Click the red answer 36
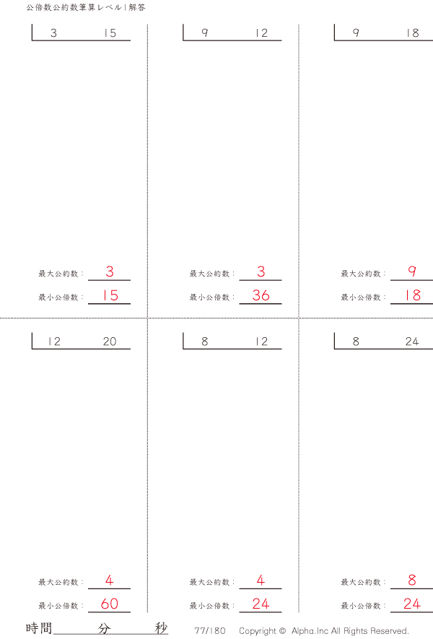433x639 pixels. [261, 295]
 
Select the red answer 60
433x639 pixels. [110, 604]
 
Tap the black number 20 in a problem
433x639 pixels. [109, 342]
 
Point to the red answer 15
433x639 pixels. [110, 295]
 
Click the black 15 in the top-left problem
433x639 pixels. [110, 33]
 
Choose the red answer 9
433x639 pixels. [412, 272]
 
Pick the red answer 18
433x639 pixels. [412, 295]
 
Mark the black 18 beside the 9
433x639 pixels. [412, 33]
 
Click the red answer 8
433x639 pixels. [412, 581]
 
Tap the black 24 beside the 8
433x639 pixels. [412, 342]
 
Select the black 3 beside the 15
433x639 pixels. [54, 33]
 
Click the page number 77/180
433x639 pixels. [209, 630]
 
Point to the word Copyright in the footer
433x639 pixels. [258, 630]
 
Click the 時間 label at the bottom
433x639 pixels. [38, 628]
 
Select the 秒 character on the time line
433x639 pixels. [161, 628]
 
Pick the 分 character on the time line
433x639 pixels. [104, 628]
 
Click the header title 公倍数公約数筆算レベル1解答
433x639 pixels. [85, 7]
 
